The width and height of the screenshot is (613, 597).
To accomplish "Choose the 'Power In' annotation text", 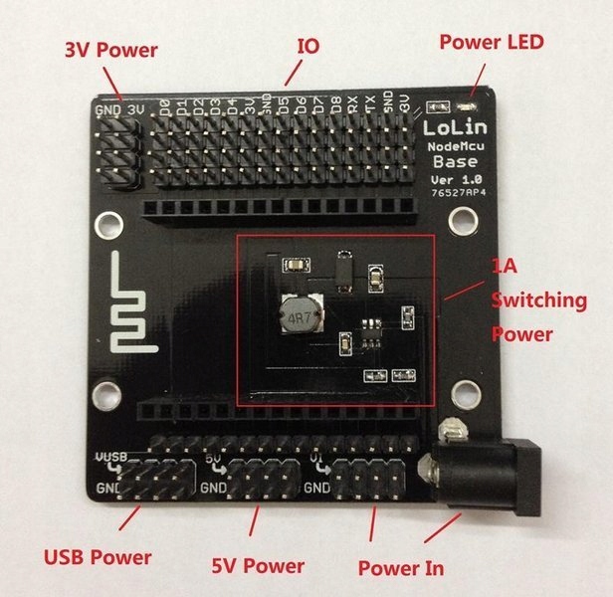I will [401, 567].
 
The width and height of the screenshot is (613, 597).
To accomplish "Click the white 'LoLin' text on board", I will [454, 128].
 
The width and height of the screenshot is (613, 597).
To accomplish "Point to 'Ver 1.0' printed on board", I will [454, 178].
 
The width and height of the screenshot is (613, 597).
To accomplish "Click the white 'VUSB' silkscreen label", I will [112, 457].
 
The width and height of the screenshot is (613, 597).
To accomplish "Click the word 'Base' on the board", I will [454, 162].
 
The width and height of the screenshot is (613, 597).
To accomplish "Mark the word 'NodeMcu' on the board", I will [454, 146].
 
